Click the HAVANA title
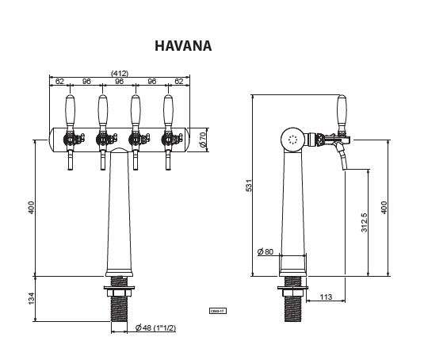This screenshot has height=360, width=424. tap(183, 45)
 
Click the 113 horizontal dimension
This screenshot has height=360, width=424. tap(325, 297)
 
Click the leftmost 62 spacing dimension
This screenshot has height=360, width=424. tap(59, 81)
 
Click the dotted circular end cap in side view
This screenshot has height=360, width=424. tap(294, 139)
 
